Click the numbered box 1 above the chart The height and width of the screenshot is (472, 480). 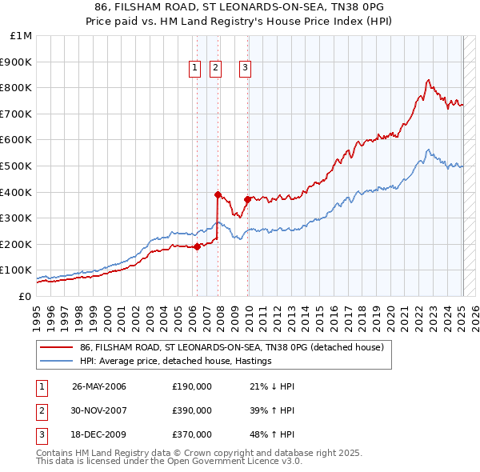pos(195,69)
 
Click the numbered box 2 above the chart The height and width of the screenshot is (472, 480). pos(216,69)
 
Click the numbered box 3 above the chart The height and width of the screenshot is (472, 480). pos(245,69)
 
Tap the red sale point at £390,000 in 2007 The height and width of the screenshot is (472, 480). pos(218,194)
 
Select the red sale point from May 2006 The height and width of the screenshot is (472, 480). pos(197,246)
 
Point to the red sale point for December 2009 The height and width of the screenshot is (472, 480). pos(247,199)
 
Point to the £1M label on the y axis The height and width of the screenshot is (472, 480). pos(21,36)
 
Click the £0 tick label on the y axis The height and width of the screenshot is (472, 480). pos(24,296)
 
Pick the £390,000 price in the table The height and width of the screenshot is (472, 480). pos(192,410)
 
